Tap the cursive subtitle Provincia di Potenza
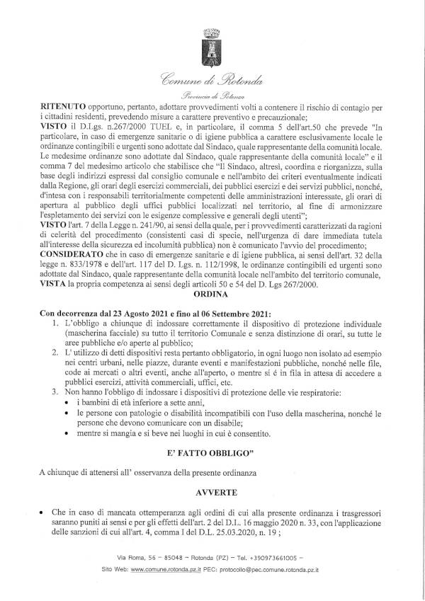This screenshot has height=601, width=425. pos(212,95)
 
